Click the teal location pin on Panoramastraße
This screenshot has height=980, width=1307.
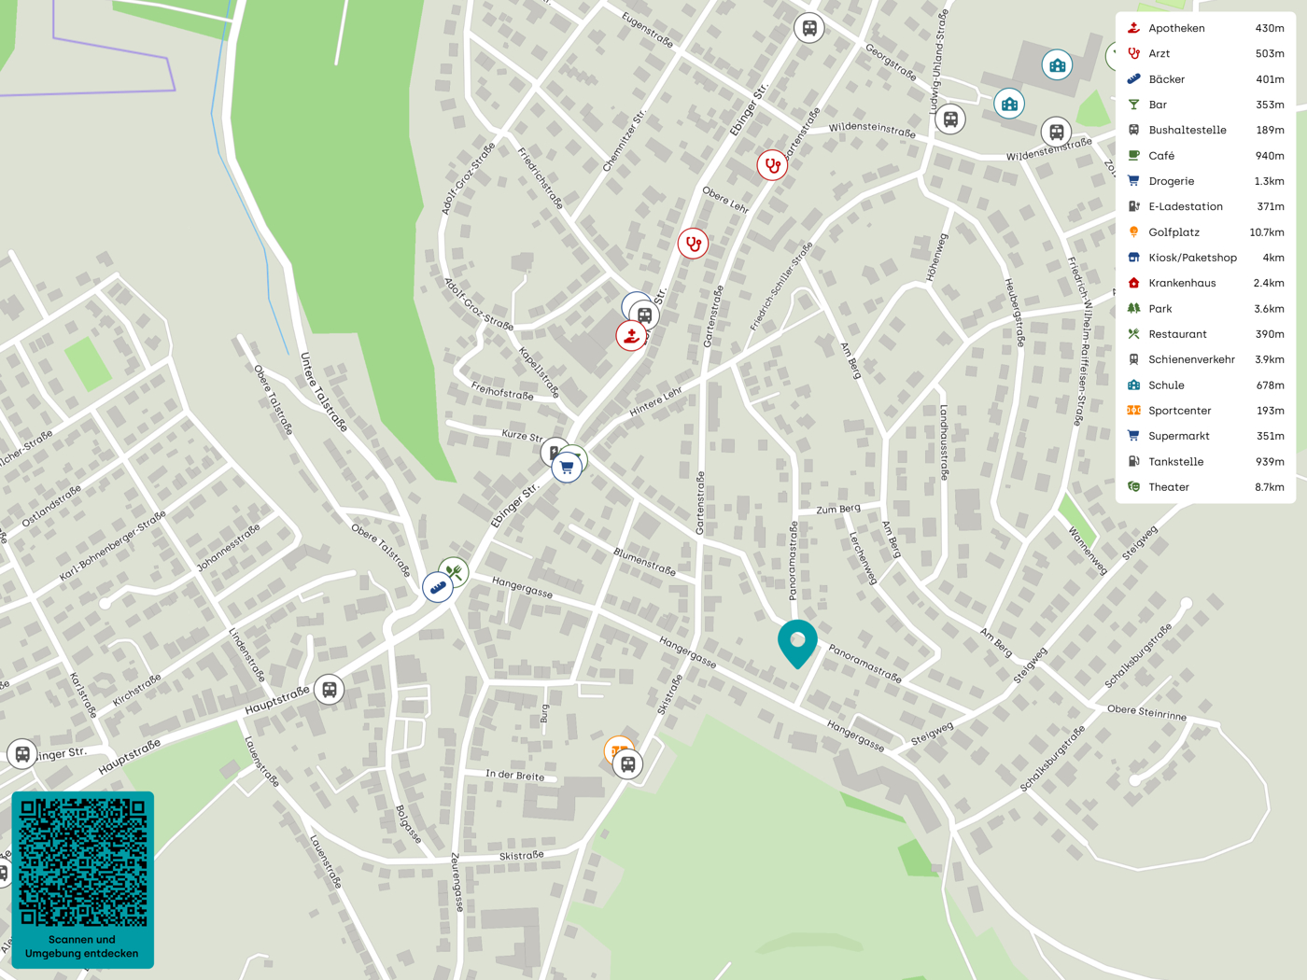pyautogui.click(x=797, y=642)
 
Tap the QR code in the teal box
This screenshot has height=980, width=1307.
pyautogui.click(x=83, y=861)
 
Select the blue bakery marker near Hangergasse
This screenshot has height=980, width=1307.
pyautogui.click(x=437, y=587)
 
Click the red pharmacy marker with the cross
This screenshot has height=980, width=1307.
pyautogui.click(x=631, y=336)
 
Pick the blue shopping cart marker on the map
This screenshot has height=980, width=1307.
pyautogui.click(x=567, y=467)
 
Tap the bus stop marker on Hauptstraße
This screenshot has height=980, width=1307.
pyautogui.click(x=329, y=690)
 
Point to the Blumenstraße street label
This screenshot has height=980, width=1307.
pyautogui.click(x=644, y=560)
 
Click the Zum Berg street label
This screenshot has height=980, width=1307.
pyautogui.click(x=838, y=510)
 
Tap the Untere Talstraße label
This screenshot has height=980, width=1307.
pyautogui.click(x=323, y=392)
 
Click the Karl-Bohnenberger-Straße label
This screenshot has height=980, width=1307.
pyautogui.click(x=112, y=546)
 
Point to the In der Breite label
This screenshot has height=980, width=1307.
pyautogui.click(x=514, y=776)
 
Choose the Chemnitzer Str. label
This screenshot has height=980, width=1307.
pyautogui.click(x=624, y=140)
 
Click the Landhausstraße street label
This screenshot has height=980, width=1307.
pyautogui.click(x=944, y=442)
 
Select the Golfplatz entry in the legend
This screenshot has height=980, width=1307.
pyautogui.click(x=1173, y=232)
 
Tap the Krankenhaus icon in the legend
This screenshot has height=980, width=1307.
pyautogui.click(x=1133, y=283)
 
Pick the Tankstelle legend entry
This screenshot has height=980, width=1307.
pyautogui.click(x=1175, y=462)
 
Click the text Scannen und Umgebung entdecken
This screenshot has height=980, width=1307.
pyautogui.click(x=82, y=946)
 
